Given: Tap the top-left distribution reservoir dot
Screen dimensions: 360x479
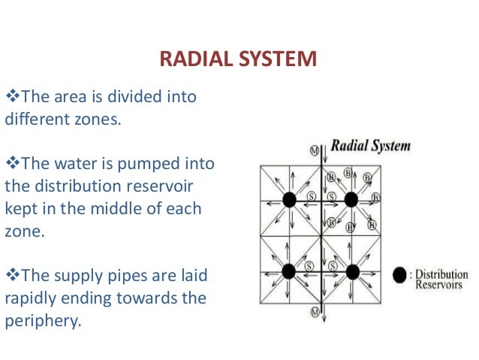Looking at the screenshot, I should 289,200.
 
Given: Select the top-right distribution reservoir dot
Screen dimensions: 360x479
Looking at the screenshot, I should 351,200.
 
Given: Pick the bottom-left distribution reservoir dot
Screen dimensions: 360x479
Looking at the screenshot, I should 289,271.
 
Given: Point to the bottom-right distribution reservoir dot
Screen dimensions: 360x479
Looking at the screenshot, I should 352,271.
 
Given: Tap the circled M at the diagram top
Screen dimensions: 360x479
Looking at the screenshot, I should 314,150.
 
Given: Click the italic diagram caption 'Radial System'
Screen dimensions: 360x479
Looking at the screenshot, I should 370,145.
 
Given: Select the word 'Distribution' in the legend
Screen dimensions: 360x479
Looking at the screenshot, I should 441,274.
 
